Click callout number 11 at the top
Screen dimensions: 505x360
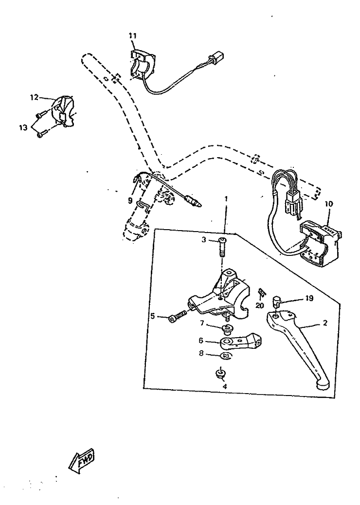(133, 36)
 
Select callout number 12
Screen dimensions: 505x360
(34, 97)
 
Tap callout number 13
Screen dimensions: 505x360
(23, 127)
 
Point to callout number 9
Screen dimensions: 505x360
(130, 200)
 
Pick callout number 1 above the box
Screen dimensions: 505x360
(226, 199)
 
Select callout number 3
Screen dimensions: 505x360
(205, 239)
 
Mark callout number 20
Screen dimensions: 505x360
(259, 306)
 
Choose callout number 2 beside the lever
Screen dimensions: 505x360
(325, 323)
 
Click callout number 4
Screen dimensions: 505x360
(224, 386)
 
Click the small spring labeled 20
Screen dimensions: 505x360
(262, 293)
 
